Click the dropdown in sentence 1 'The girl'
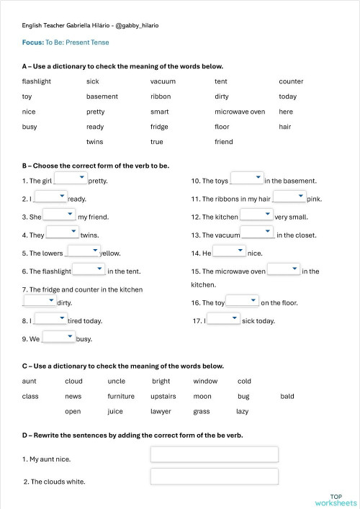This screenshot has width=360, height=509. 71,179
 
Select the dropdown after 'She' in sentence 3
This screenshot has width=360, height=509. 59,215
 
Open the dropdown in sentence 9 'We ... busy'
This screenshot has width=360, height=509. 58,336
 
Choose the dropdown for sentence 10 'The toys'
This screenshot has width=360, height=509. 247,179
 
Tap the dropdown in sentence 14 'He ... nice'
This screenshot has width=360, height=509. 230,251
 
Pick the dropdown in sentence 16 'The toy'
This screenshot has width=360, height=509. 243,301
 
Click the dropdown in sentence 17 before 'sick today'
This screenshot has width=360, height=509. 223,319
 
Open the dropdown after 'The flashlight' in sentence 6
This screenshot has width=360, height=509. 89,269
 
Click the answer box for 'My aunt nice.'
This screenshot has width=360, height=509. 214,454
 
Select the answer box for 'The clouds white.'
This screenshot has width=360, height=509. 214,477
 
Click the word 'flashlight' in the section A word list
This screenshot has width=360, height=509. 37,81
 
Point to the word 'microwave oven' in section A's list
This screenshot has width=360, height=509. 240,112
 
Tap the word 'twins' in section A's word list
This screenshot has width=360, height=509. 95,142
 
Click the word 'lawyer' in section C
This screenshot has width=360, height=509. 161,411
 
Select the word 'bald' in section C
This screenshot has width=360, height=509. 287,396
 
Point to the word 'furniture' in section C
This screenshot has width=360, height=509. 121,396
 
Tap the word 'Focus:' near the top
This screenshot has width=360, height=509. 32,42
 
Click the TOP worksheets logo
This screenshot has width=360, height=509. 336,500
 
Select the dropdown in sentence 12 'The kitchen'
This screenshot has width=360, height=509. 256,215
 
